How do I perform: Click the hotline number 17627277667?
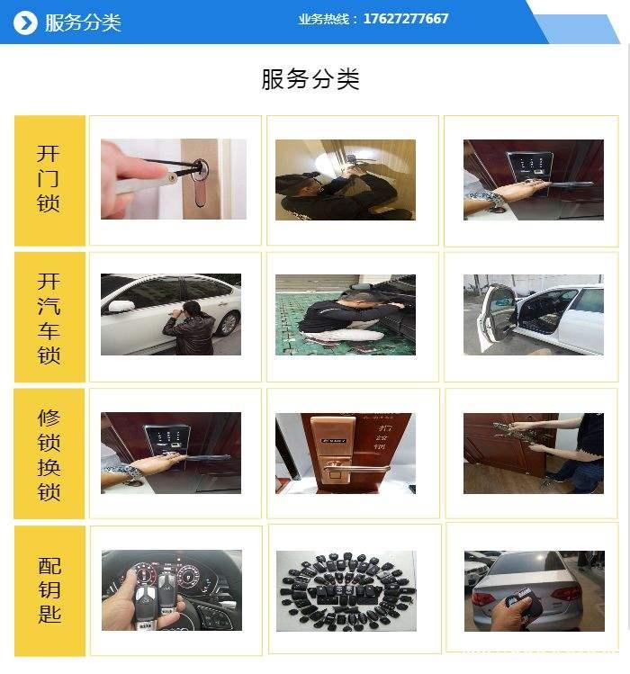point(406,19)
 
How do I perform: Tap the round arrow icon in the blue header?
point(26,22)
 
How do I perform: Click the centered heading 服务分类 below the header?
point(310,79)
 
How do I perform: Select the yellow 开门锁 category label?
point(49,180)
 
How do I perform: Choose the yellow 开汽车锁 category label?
point(49,318)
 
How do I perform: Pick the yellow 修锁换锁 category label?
point(49,454)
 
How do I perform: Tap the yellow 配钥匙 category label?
point(49,591)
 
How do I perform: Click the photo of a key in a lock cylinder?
point(174,179)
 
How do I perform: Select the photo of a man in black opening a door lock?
point(346,180)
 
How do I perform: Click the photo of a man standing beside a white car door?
point(171,315)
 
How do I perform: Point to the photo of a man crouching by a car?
point(346,315)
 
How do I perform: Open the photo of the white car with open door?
point(533,315)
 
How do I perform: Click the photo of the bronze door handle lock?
point(346,454)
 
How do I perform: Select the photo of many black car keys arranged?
point(346,590)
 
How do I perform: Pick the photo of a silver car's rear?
point(533,590)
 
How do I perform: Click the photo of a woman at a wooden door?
point(533,454)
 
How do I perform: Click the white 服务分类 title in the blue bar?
point(83,22)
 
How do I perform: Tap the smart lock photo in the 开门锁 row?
point(533,179)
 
